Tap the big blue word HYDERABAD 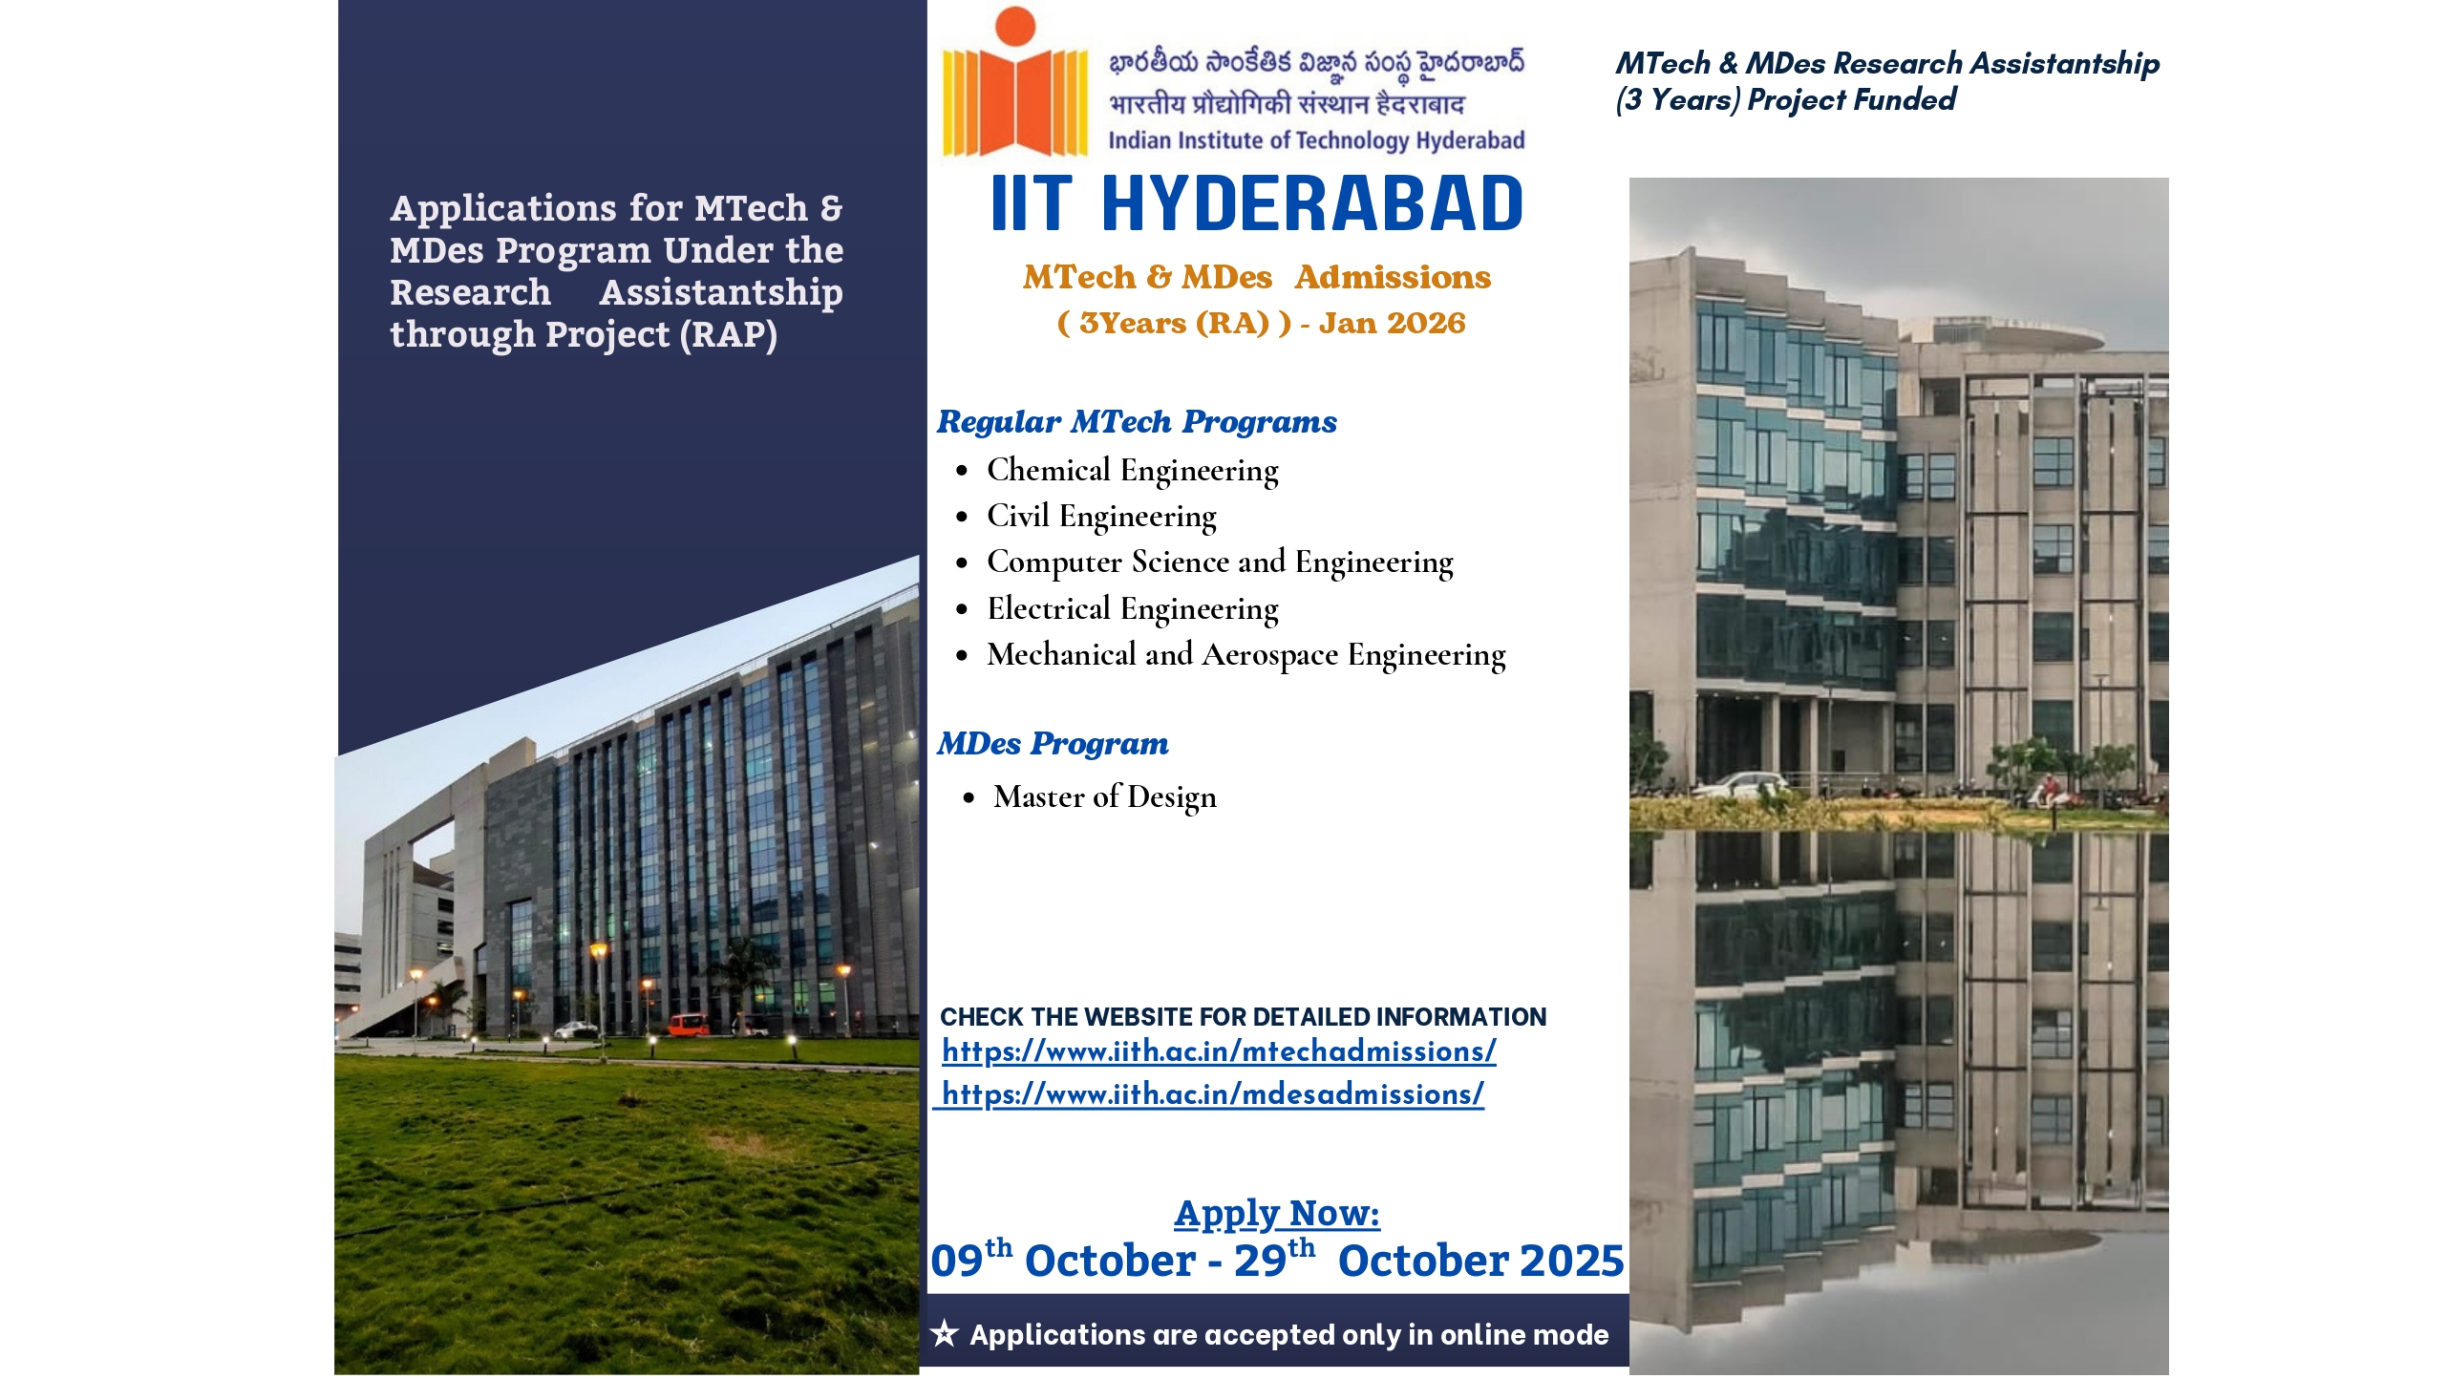(1312, 203)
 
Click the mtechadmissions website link (1219, 1051)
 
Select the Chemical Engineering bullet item (1132, 471)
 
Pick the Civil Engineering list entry (1101, 517)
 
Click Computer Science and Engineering (1220, 562)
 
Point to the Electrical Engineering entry (1132, 609)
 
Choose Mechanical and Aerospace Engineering (1246, 655)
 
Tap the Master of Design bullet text (1105, 797)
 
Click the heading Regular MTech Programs (1137, 422)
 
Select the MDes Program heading (1053, 744)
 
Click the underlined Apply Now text (1277, 1214)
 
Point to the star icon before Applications (944, 1333)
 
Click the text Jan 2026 (1392, 324)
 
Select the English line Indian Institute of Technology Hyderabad (1316, 141)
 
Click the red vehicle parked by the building (688, 1025)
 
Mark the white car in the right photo (1742, 786)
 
